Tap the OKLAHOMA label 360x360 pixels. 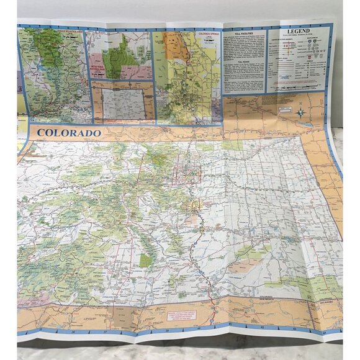pos(329,302)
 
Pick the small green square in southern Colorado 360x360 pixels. pos(145,260)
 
